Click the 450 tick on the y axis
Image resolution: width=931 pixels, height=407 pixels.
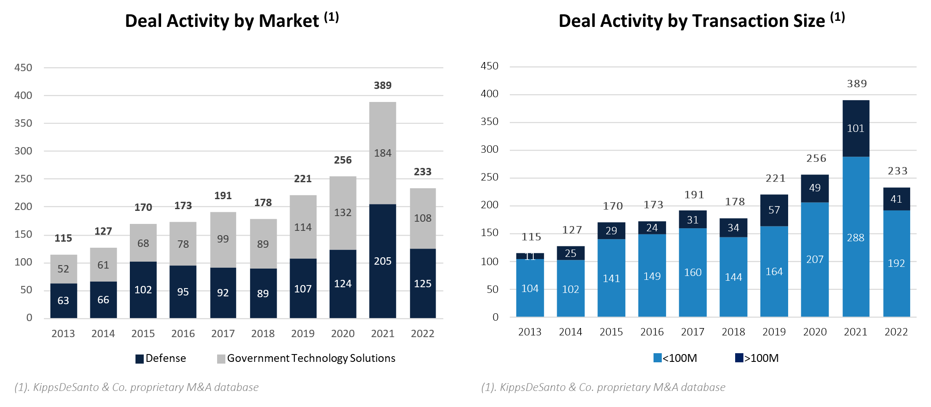pyautogui.click(x=23, y=68)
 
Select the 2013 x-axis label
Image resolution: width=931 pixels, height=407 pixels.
pyautogui.click(x=63, y=334)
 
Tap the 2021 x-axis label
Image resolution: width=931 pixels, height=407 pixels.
pyautogui.click(x=383, y=334)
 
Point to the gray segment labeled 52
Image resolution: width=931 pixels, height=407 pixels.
pyautogui.click(x=63, y=269)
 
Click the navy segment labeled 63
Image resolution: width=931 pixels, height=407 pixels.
pyautogui.click(x=63, y=301)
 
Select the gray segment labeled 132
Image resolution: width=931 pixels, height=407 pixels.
pyautogui.click(x=343, y=213)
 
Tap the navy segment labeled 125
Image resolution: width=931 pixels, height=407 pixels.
pyautogui.click(x=423, y=284)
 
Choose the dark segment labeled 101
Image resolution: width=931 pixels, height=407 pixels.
pyautogui.click(x=855, y=128)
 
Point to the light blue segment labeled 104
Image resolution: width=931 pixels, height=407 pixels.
pyautogui.click(x=530, y=289)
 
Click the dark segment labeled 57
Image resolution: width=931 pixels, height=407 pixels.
pyautogui.click(x=774, y=210)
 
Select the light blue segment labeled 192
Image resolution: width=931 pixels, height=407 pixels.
pyautogui.click(x=896, y=263)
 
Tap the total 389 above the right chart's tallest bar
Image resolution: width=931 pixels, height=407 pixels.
pyautogui.click(x=857, y=84)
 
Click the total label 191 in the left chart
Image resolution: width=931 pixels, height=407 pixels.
pyautogui.click(x=223, y=196)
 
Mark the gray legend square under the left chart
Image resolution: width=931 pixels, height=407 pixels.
pyautogui.click(x=221, y=359)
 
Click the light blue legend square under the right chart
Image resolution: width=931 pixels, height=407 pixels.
pyautogui.click(x=657, y=358)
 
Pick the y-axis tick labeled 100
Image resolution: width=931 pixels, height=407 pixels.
pyautogui.click(x=23, y=262)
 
